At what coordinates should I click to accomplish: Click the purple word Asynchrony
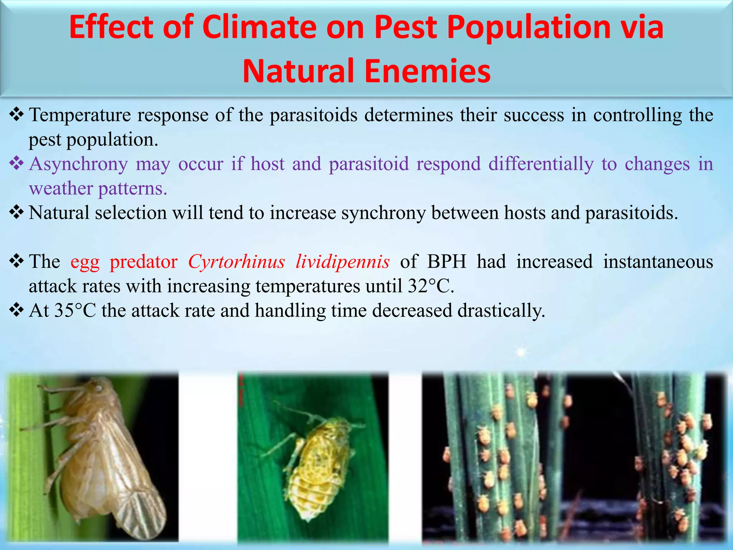pyautogui.click(x=78, y=164)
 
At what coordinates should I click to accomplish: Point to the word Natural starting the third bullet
pyautogui.click(x=59, y=213)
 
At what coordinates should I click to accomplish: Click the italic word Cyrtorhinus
pyautogui.click(x=237, y=262)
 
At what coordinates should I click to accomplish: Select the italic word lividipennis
pyautogui.click(x=343, y=262)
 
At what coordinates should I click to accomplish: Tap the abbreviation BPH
pyautogui.click(x=447, y=262)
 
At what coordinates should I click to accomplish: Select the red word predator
pyautogui.click(x=144, y=262)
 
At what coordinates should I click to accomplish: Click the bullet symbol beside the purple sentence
pyautogui.click(x=16, y=164)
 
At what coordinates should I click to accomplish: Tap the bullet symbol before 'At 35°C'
pyautogui.click(x=16, y=310)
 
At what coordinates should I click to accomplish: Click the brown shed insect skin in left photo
pyautogui.click(x=104, y=455)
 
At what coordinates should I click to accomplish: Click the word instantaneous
pyautogui.click(x=658, y=262)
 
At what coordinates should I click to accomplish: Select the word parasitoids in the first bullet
pyautogui.click(x=314, y=115)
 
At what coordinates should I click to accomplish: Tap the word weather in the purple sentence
pyautogui.click(x=61, y=189)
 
